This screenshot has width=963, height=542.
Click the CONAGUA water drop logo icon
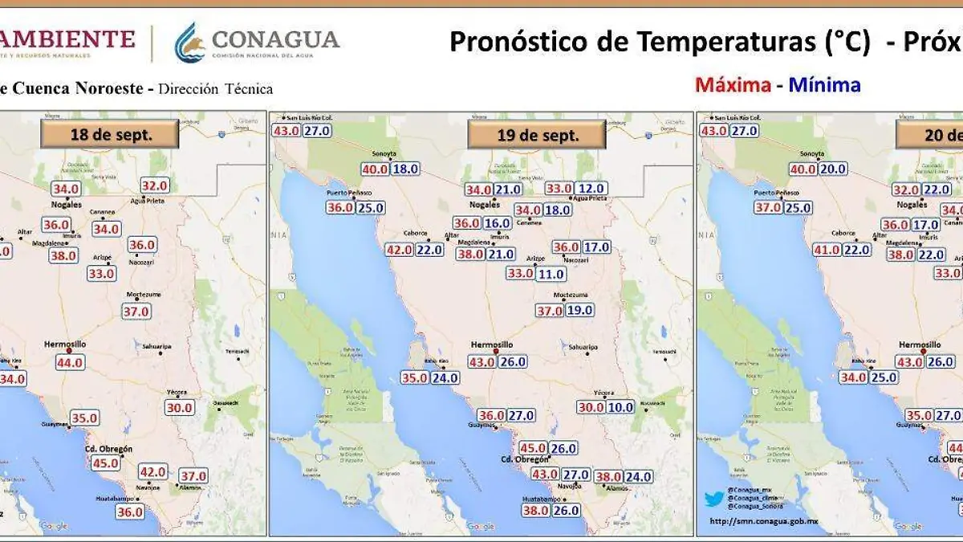(190, 42)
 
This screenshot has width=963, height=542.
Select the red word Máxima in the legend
(733, 85)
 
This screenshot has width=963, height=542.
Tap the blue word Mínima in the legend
(825, 85)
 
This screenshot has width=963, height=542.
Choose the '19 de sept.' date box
(536, 135)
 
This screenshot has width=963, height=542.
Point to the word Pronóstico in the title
(522, 42)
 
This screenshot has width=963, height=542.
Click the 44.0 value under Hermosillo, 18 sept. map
(69, 362)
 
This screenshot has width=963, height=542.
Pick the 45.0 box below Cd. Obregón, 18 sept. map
(106, 463)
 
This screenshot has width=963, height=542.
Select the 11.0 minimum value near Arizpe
(551, 274)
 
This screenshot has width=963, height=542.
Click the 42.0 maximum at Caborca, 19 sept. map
(399, 250)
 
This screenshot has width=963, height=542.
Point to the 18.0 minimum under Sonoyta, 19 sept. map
(404, 169)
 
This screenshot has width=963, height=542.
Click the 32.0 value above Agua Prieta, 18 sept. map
(155, 185)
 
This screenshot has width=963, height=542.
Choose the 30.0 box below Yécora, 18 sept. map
(179, 407)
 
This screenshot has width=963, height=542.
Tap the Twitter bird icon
(713, 499)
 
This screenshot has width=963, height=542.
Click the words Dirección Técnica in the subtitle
(215, 89)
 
